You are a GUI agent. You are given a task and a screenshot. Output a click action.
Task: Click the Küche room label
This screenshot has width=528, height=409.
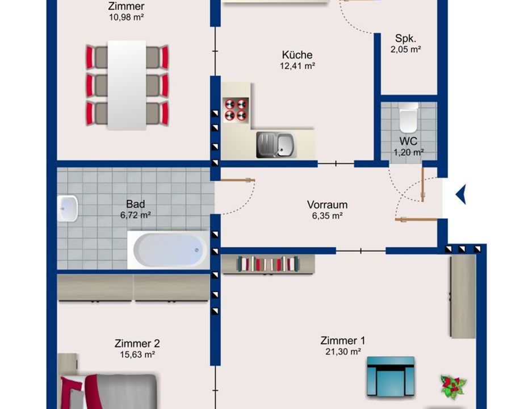(297, 55)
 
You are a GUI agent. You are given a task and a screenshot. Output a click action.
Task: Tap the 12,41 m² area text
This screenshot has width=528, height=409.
(297, 66)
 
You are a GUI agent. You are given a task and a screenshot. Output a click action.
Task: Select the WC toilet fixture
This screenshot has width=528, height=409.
(408, 118)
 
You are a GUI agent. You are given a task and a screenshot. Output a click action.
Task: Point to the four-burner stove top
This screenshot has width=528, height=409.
(236, 109)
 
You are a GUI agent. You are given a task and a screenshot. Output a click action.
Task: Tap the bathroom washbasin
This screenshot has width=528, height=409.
(68, 208)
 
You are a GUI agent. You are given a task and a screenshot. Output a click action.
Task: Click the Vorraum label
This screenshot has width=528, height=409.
(327, 204)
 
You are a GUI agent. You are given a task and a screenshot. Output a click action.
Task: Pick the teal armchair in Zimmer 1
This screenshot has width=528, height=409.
(391, 375)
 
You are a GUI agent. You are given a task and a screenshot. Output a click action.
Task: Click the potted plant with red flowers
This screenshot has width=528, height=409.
(453, 385)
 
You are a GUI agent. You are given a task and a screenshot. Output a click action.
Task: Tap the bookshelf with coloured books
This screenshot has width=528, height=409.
(268, 264)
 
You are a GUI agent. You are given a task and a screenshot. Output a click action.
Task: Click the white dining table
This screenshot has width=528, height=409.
(127, 85)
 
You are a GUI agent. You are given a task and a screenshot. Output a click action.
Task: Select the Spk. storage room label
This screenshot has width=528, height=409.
(405, 38)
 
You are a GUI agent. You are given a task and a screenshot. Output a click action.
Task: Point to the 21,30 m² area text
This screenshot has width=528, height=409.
(343, 352)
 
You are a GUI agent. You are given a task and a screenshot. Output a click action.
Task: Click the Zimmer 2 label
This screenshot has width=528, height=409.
(137, 343)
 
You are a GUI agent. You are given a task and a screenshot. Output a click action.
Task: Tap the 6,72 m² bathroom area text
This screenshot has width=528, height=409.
(135, 215)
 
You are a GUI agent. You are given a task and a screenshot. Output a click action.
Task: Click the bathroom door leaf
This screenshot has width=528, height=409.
(238, 180)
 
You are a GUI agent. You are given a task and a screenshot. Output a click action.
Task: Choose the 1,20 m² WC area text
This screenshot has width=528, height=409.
(408, 152)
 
